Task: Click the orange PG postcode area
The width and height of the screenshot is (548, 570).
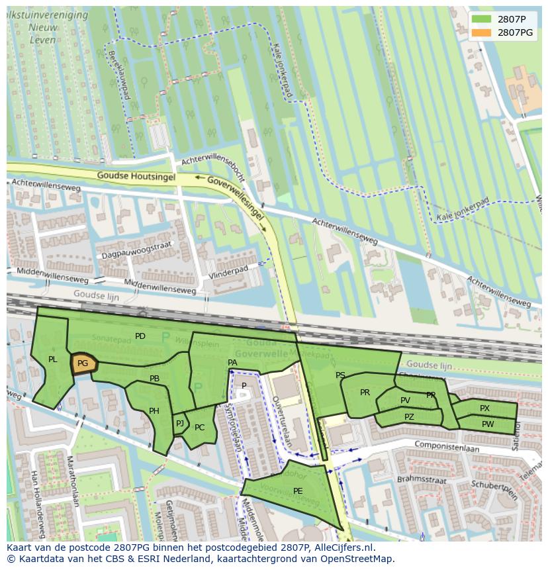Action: (83, 363)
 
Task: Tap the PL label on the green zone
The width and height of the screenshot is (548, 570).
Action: (53, 359)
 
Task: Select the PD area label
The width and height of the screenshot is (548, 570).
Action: (140, 336)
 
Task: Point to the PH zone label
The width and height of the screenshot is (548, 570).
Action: (154, 411)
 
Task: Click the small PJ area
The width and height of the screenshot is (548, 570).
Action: (179, 424)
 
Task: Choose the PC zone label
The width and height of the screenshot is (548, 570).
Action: (200, 428)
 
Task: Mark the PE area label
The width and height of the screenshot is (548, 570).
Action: (298, 491)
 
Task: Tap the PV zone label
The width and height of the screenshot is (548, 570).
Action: (405, 401)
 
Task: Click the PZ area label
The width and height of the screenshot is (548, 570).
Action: (409, 417)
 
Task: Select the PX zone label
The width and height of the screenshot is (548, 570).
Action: (485, 408)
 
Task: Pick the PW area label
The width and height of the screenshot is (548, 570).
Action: (488, 424)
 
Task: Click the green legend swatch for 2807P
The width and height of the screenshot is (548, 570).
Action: (482, 19)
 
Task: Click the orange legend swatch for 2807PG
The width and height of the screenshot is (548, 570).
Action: (482, 32)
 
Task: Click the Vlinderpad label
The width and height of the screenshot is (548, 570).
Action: (228, 270)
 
